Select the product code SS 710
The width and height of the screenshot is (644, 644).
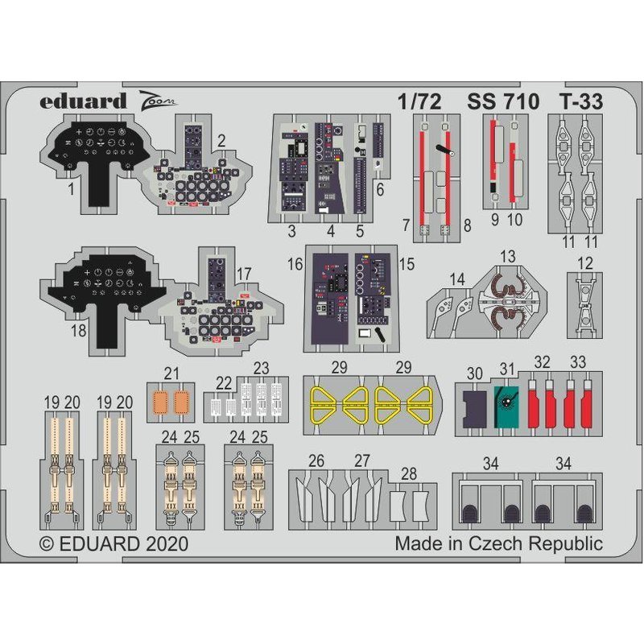pyautogui.click(x=502, y=102)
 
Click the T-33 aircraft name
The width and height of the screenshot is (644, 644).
pyautogui.click(x=580, y=102)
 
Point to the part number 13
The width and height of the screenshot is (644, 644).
pyautogui.click(x=507, y=256)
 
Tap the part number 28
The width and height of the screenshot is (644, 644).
pyautogui.click(x=409, y=473)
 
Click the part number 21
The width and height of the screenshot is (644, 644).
pyautogui.click(x=170, y=373)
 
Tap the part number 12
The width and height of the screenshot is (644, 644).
pyautogui.click(x=586, y=262)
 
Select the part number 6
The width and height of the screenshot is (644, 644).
pyautogui.click(x=379, y=190)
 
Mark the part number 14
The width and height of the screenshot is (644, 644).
pyautogui.click(x=457, y=279)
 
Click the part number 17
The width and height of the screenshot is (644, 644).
pyautogui.click(x=244, y=274)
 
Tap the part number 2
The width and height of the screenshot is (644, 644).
pyautogui.click(x=221, y=138)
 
